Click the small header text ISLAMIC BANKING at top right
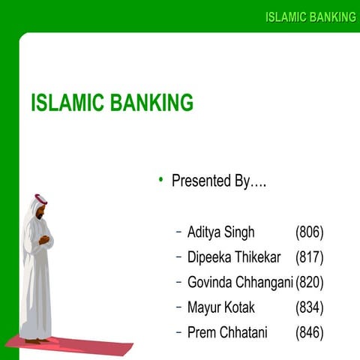310,17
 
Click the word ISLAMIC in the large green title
67,103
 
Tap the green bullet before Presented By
160,180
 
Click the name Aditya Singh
220,232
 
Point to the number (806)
309,232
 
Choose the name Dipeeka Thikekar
234,257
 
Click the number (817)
309,257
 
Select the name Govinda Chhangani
240,282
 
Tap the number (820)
309,282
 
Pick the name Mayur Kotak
220,307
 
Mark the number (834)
309,307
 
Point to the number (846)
309,332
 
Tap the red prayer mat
75,347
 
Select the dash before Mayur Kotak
178,307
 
